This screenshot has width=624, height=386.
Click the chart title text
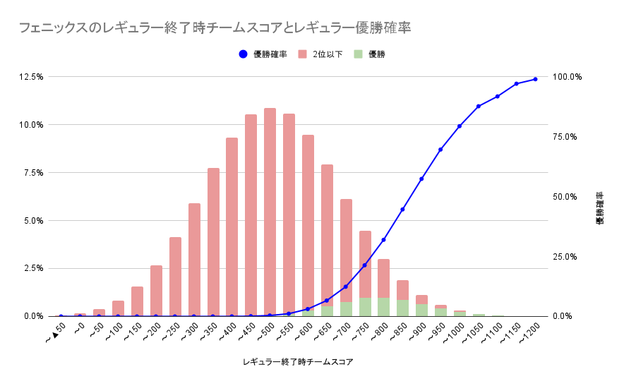(x=215, y=28)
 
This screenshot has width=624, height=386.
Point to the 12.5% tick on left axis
(x=32, y=76)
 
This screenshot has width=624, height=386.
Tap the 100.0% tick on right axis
(x=568, y=76)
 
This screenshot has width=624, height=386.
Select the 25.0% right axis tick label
(x=568, y=257)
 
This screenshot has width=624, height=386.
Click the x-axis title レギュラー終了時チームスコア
(x=297, y=362)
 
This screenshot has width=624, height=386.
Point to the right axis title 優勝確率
(x=599, y=208)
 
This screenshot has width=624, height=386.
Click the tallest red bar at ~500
(x=270, y=212)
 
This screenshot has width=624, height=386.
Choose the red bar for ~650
(x=327, y=233)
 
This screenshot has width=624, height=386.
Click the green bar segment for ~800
(x=383, y=307)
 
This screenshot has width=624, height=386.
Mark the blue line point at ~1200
(x=535, y=79)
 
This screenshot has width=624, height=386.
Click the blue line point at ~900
(x=421, y=179)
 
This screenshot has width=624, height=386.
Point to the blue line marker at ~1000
(x=460, y=126)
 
